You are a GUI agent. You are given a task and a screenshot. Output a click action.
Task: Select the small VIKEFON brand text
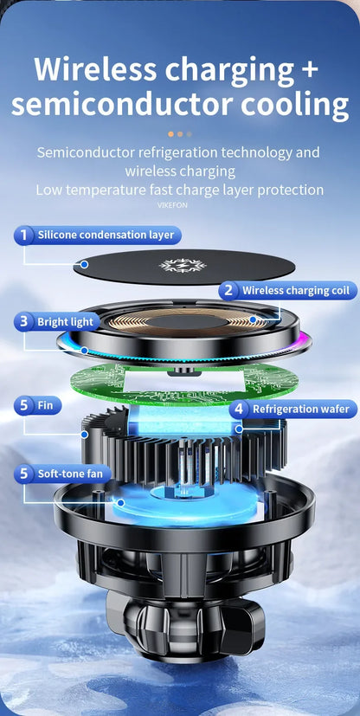172,205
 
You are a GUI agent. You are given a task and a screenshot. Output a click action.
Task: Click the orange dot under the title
170,134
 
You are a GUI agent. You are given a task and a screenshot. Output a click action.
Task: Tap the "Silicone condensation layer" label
105,235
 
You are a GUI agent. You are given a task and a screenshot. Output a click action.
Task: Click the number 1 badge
24,235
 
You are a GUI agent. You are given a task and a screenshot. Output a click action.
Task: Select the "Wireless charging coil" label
295,291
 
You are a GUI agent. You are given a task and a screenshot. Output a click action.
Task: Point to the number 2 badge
228,291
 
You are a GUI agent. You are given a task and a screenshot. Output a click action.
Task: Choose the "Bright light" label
65,322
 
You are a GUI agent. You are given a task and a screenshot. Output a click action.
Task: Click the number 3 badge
24,322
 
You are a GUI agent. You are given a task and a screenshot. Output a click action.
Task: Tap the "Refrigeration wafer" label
299,409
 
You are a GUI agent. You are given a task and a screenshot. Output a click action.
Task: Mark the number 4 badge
239,409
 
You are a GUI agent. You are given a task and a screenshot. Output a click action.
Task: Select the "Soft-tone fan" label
70,474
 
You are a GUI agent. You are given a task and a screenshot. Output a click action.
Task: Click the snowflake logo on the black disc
181,265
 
